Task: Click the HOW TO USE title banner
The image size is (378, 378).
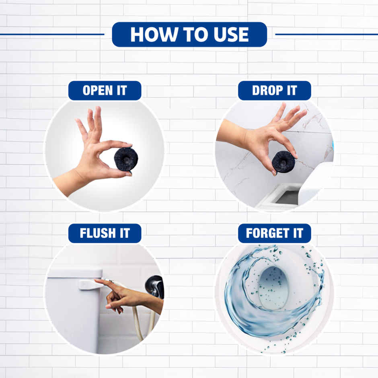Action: [x=189, y=35]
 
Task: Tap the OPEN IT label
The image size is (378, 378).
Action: [x=105, y=91]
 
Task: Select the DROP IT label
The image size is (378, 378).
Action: [x=274, y=91]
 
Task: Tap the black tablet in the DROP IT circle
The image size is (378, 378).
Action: [x=283, y=162]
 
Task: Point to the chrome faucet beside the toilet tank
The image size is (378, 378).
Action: [x=155, y=286]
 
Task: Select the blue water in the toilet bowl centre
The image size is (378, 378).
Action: [x=273, y=287]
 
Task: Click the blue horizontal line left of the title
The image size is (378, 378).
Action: [x=52, y=35]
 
